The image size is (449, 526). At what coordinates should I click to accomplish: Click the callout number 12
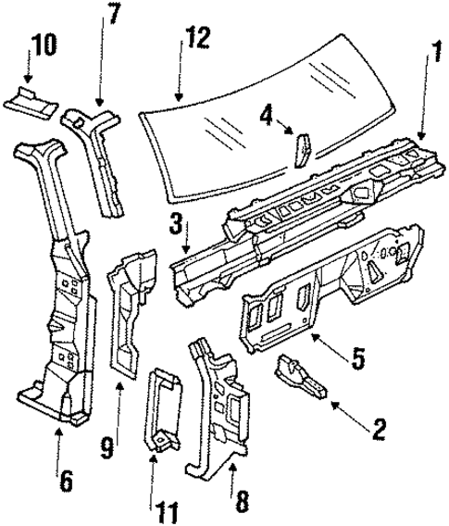tap(196, 40)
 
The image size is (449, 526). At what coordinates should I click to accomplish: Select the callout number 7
tap(113, 16)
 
